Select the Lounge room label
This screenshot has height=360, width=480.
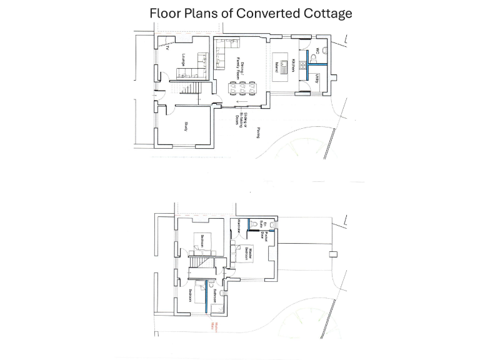pyautogui.click(x=184, y=60)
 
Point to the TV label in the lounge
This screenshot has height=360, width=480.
pyautogui.click(x=167, y=47)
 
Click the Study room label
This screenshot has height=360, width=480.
pyautogui.click(x=186, y=127)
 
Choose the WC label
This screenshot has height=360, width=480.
pyautogui.click(x=317, y=51)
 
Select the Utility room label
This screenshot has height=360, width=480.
pyautogui.click(x=317, y=78)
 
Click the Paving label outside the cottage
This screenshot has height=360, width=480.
pyautogui.click(x=257, y=132)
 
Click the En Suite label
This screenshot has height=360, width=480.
pyautogui.click(x=265, y=225)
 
